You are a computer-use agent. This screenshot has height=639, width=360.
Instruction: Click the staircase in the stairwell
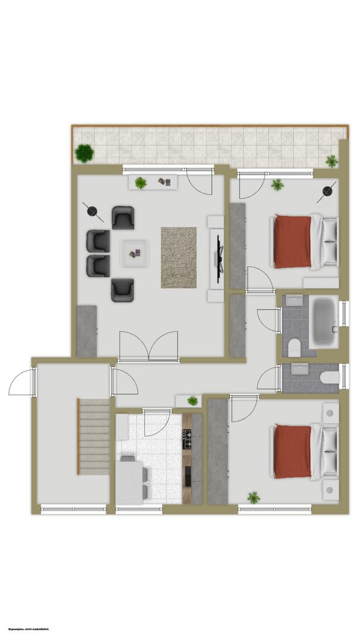pos(94,437)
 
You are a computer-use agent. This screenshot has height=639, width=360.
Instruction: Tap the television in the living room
pos(219,259)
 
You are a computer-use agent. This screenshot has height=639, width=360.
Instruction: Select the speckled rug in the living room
pos(179,257)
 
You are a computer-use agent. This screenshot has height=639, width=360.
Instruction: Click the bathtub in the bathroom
pos(324,321)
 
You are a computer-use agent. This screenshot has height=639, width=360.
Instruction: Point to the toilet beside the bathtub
pos(294,348)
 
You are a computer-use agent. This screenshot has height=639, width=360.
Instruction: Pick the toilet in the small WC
pos(329,377)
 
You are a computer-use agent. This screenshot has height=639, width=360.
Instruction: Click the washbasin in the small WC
pos(300,368)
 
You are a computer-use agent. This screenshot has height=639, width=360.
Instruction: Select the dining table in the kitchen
pos(129,483)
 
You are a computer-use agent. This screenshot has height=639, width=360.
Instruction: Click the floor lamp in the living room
pos(93,212)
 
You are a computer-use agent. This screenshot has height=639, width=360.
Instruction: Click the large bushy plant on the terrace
pos(85,153)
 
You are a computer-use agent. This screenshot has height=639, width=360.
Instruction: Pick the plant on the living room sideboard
pos(141,183)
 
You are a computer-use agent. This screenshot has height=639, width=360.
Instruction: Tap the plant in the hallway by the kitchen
pos(192,401)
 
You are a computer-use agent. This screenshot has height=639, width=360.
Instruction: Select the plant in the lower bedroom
pos(253,497)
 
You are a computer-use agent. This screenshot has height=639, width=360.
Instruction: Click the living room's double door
pos(149,346)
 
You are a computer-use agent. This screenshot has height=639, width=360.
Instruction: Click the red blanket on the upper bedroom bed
pos(292,241)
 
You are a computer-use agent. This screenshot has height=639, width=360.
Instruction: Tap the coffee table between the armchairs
pos(134,253)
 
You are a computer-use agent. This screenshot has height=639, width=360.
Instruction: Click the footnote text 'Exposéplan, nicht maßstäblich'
pos(28,629)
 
